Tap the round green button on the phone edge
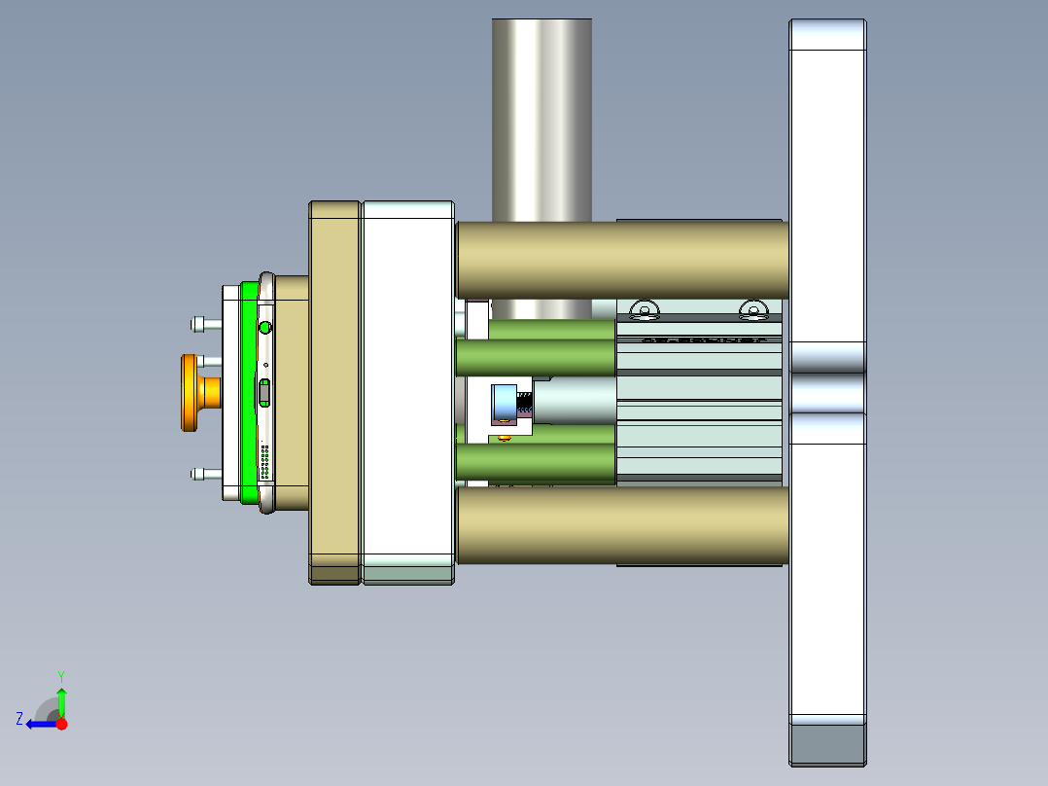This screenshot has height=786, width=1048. click(265, 327)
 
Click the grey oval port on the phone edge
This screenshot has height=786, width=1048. click(264, 393)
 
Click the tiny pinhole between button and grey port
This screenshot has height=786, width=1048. click(265, 365)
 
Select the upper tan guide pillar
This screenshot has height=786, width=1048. click(622, 259)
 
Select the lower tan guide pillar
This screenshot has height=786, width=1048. click(622, 525)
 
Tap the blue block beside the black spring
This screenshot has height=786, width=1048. click(503, 403)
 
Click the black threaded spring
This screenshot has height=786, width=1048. click(523, 402)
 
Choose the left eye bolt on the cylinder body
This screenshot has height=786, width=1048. click(644, 311)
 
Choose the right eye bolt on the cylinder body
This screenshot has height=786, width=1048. click(752, 311)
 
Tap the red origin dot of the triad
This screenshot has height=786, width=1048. click(61, 724)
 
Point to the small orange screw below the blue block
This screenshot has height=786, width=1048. click(504, 438)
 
